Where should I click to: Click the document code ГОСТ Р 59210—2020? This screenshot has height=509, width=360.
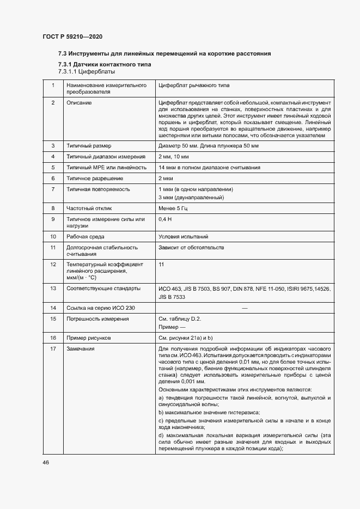coord(72,37)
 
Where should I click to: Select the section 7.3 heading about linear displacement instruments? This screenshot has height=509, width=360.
coord(164,54)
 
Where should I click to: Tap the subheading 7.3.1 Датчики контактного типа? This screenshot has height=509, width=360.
coord(97,65)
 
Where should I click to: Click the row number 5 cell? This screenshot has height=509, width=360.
coord(53,167)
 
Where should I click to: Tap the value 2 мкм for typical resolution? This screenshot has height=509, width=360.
coord(166,178)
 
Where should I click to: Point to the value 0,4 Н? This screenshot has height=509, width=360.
coord(164,219)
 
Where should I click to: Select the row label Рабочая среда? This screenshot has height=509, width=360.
coord(86,237)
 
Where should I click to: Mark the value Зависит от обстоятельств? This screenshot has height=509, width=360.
coord(191,248)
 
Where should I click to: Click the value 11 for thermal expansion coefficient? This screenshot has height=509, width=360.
coord(161,264)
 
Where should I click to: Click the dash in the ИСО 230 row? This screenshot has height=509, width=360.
coord(245,308)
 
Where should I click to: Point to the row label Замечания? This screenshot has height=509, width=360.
coord(80,349)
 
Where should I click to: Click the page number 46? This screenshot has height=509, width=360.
coord(46,462)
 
